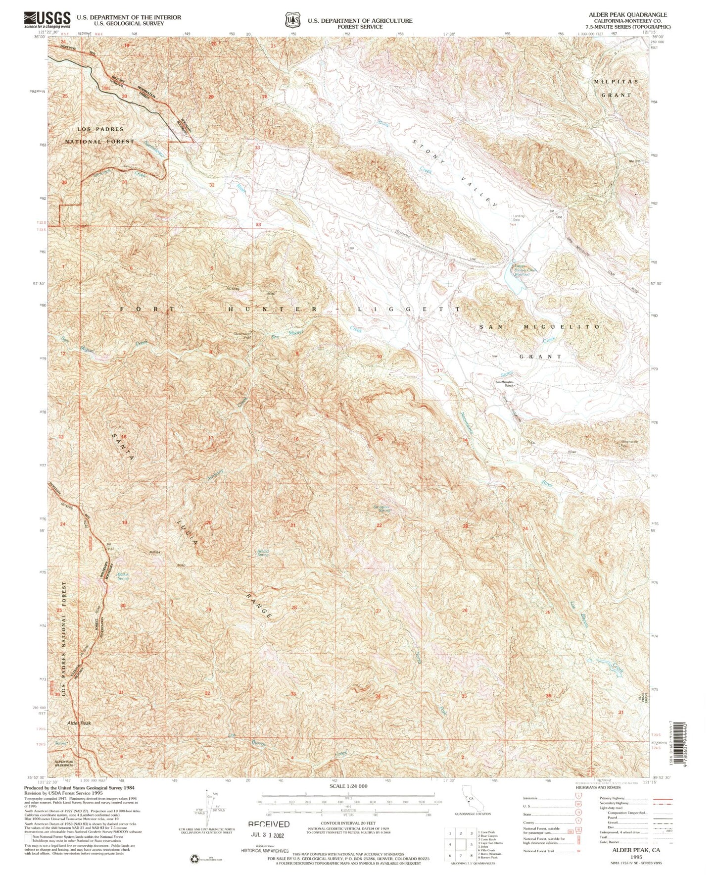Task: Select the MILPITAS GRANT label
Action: [x=616, y=88]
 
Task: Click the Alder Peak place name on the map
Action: [x=79, y=723]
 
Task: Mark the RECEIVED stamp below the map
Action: [x=269, y=824]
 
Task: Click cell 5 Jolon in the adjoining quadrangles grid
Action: [x=461, y=845]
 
